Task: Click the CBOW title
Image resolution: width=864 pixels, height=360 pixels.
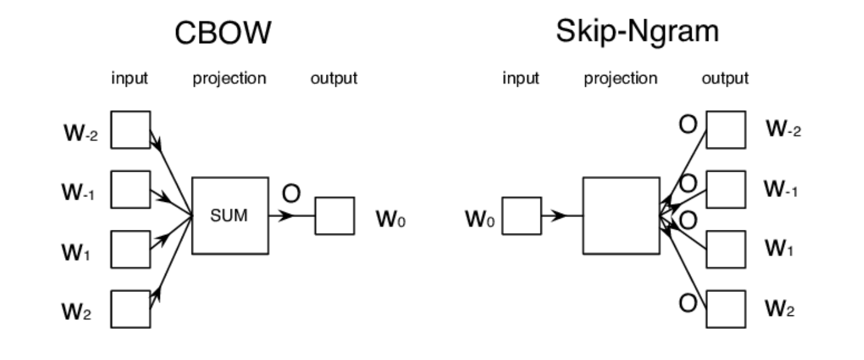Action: tap(223, 34)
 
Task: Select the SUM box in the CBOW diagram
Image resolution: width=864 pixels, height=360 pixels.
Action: tap(231, 216)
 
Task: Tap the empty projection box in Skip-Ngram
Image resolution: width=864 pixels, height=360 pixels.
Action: tap(620, 216)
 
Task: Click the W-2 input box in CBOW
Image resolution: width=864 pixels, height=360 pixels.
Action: tap(130, 130)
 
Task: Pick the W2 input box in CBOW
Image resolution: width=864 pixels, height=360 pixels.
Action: tap(130, 309)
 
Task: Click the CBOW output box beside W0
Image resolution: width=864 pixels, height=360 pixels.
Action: tap(334, 216)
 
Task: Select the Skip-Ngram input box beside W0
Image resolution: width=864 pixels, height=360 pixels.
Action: tap(521, 216)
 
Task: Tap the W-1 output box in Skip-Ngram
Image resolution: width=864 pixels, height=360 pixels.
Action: tap(726, 190)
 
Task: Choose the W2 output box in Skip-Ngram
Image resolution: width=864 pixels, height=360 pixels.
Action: tap(726, 309)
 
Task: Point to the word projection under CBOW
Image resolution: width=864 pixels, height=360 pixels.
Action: tap(229, 79)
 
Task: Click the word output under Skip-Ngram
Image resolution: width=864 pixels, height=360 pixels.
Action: tap(725, 79)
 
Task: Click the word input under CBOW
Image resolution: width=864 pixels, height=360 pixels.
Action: tap(130, 79)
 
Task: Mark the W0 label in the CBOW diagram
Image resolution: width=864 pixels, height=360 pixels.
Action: tap(391, 220)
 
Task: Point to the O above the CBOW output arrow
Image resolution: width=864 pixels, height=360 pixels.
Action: tap(291, 194)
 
